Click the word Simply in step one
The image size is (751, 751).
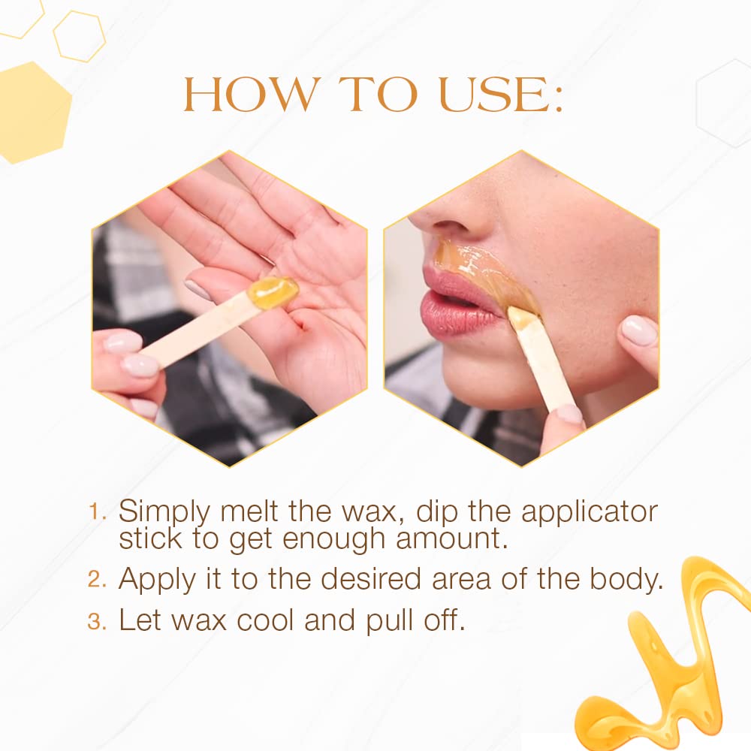pos(165,512)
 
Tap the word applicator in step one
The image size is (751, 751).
pos(590,512)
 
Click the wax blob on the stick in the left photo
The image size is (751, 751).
pos(272,292)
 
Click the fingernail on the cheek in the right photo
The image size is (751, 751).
pos(638,330)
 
